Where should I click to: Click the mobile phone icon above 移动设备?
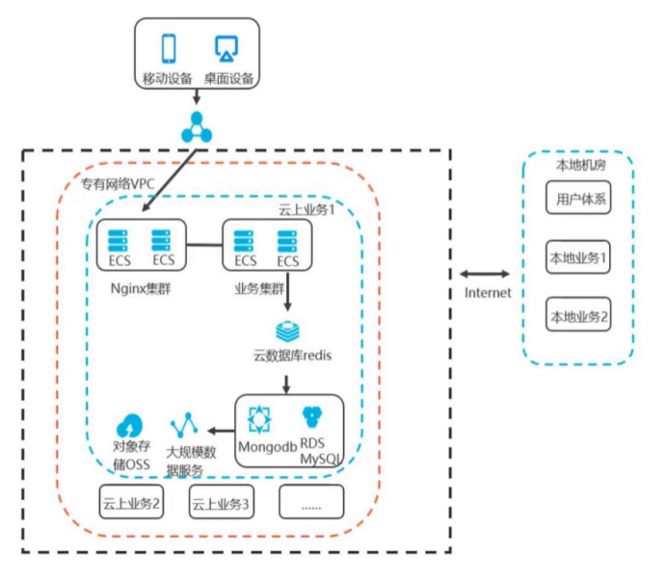click(170, 47)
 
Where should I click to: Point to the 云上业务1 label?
click(306, 209)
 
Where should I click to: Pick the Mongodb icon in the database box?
click(259, 418)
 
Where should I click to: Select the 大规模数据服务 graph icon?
click(184, 424)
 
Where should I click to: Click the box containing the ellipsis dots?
click(310, 502)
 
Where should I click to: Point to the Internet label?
click(487, 293)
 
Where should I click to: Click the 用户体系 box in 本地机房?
click(578, 200)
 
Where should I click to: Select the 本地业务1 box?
click(578, 257)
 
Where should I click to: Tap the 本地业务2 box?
click(578, 315)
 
